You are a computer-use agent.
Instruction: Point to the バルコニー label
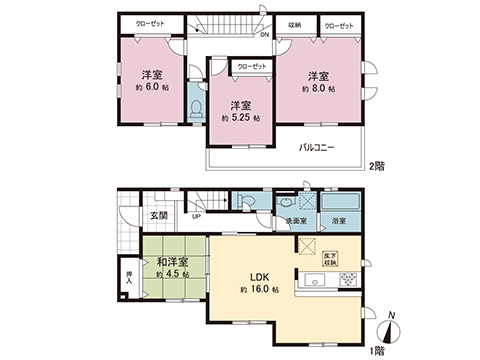tap(316, 149)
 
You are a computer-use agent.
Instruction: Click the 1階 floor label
tap(375, 351)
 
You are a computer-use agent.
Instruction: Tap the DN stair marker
tap(265, 33)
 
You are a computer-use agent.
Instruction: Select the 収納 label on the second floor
tap(295, 24)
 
